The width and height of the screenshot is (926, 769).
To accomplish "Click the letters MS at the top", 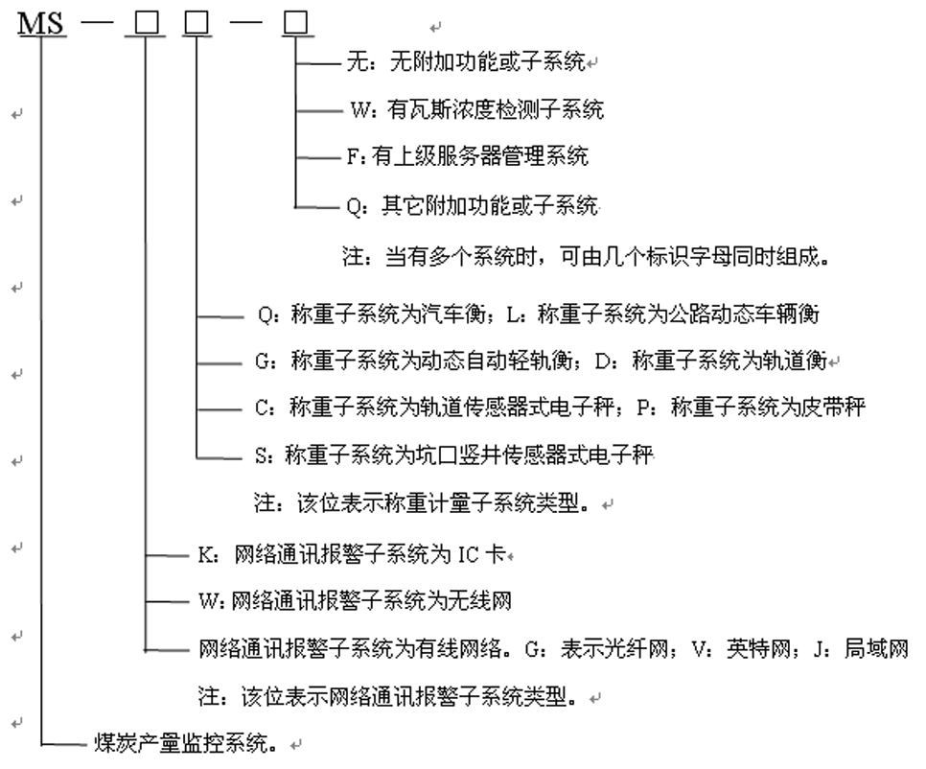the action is (41, 24).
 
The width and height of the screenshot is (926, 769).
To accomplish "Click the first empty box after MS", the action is (147, 24).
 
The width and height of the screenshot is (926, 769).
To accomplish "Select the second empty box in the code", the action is (197, 24).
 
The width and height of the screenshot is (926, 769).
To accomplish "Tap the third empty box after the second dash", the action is (296, 24).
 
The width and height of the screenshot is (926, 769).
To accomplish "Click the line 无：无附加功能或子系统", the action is (466, 61).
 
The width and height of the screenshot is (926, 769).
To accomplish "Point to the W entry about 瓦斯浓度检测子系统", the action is (477, 109).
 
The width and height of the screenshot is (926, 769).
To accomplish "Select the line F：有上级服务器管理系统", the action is (467, 156).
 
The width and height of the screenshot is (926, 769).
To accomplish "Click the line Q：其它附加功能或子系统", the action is (473, 205).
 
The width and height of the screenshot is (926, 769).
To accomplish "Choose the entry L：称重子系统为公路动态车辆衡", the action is (663, 314).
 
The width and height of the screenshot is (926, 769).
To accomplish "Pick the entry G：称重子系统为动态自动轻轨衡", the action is (414, 361).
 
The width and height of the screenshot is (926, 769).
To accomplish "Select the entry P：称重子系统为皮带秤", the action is (752, 407).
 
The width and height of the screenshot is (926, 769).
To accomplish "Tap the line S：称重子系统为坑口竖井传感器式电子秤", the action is (454, 454).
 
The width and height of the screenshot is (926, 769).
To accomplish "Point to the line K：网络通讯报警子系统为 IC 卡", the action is (352, 554).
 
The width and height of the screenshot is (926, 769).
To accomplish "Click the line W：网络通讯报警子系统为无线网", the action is (355, 600).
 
